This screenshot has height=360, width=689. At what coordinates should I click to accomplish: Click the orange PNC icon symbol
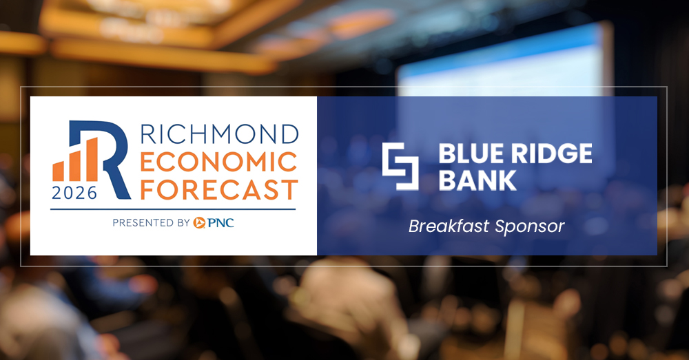pos(200,222)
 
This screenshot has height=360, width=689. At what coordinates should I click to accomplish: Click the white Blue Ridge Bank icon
pos(400,166)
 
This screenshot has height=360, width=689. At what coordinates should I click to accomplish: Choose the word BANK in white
pos(477,180)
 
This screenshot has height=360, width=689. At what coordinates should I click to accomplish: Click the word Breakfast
pos(446,226)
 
